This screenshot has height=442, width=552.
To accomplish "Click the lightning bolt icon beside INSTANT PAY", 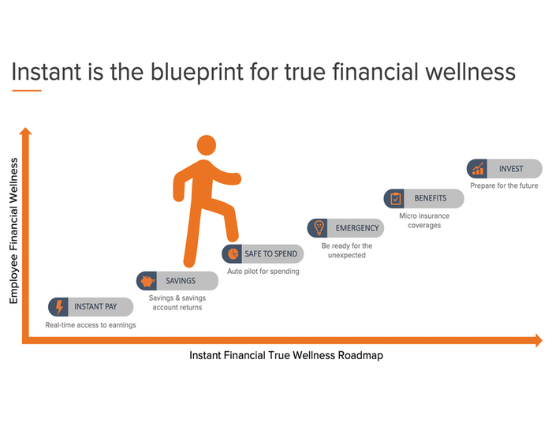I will coord(59,306).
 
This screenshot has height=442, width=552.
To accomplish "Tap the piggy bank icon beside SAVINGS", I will coord(147,281).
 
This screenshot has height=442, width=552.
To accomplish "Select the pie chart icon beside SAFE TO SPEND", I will coord(233,253).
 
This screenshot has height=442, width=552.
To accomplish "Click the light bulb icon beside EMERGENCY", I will coord(318,227).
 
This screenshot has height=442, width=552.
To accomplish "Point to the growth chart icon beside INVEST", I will coord(478,169).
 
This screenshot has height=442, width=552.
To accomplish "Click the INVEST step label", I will coord(511,169).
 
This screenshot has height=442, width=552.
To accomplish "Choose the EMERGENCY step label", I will coord(357,227).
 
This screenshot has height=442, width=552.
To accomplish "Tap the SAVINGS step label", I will coord(181,281).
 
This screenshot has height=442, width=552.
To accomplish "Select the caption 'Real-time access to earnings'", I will coord(91,324).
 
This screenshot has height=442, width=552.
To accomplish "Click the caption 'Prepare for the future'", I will coord(504,186).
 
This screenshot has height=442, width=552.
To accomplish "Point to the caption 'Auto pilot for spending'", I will coord(263,272).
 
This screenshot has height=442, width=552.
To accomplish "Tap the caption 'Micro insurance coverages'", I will coord(424,220).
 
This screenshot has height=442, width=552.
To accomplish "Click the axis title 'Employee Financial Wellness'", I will coord(14,230).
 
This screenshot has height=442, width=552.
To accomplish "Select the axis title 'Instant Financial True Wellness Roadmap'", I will coord(285,356).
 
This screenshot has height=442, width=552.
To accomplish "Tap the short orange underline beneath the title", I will coord(27,90).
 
